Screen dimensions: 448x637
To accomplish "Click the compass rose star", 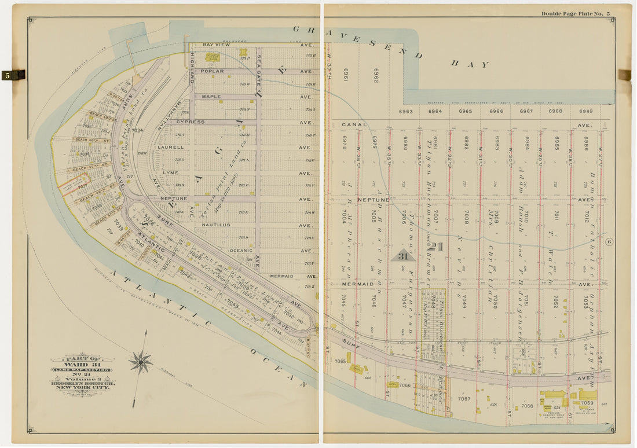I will (140, 362).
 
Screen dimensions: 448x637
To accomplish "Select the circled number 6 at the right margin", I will (609, 242).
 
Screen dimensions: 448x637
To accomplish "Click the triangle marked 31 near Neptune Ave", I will (402, 255).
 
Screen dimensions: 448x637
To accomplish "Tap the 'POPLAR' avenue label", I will (212, 72).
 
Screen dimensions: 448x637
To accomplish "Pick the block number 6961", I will (346, 75).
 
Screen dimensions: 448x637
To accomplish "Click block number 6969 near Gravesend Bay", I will (585, 111).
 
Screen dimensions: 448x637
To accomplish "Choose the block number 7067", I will (464, 399).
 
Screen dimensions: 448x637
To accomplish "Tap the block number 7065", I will (340, 361).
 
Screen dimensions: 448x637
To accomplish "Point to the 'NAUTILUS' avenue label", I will (216, 225).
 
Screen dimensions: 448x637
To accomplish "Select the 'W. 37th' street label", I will (329, 57).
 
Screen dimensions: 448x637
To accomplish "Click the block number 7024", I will (137, 131).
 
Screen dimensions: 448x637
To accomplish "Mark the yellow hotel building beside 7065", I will (357, 369).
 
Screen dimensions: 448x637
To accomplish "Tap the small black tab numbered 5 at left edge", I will (8, 75).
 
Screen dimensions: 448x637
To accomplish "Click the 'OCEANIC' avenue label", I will (241, 251).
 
